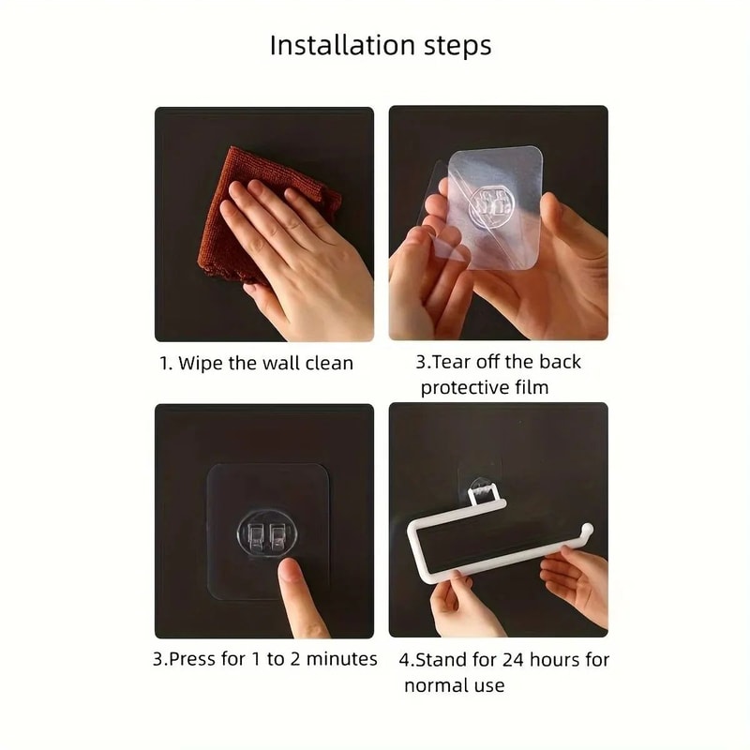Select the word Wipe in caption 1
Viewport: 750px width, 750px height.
[201, 363]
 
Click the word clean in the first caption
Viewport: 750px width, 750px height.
[329, 363]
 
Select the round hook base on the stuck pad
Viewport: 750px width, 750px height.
[263, 535]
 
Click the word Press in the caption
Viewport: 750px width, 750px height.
[193, 659]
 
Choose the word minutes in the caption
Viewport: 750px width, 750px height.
[343, 659]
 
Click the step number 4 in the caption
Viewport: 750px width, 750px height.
[408, 660]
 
